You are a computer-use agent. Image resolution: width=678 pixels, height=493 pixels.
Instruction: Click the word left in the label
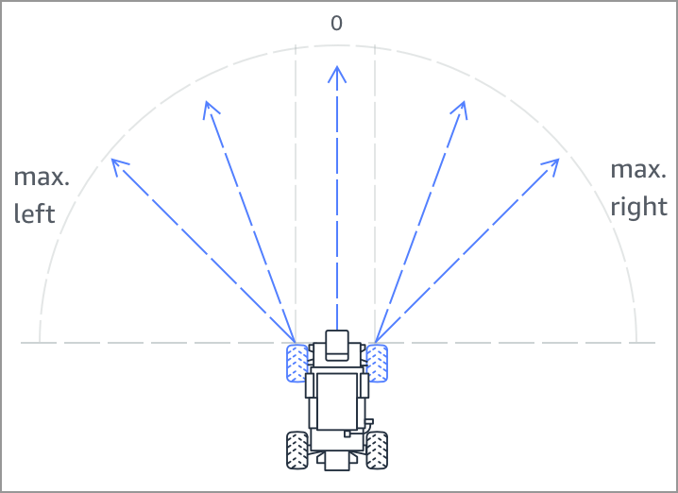point(35,214)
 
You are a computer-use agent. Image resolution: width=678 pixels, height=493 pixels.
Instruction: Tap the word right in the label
point(639,207)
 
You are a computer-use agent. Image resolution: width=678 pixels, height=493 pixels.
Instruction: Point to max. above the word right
point(638,170)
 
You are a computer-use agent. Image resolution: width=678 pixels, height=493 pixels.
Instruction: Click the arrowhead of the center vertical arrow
point(336,71)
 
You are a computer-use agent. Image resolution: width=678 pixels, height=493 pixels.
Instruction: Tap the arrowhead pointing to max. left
point(117,166)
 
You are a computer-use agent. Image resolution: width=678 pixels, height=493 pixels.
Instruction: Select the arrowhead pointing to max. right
point(554,165)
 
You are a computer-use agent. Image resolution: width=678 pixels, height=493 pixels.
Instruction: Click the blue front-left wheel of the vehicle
point(298,363)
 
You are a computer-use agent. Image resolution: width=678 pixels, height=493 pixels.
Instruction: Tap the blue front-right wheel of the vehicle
point(376,363)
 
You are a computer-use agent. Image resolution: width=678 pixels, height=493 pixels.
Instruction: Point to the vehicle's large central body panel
point(336,400)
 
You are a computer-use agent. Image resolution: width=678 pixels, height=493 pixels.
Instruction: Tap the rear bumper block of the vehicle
point(336,460)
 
